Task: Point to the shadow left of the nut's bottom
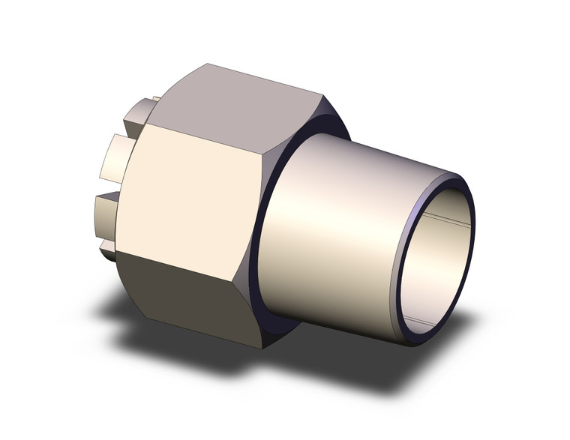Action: pyautogui.click(x=127, y=307)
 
